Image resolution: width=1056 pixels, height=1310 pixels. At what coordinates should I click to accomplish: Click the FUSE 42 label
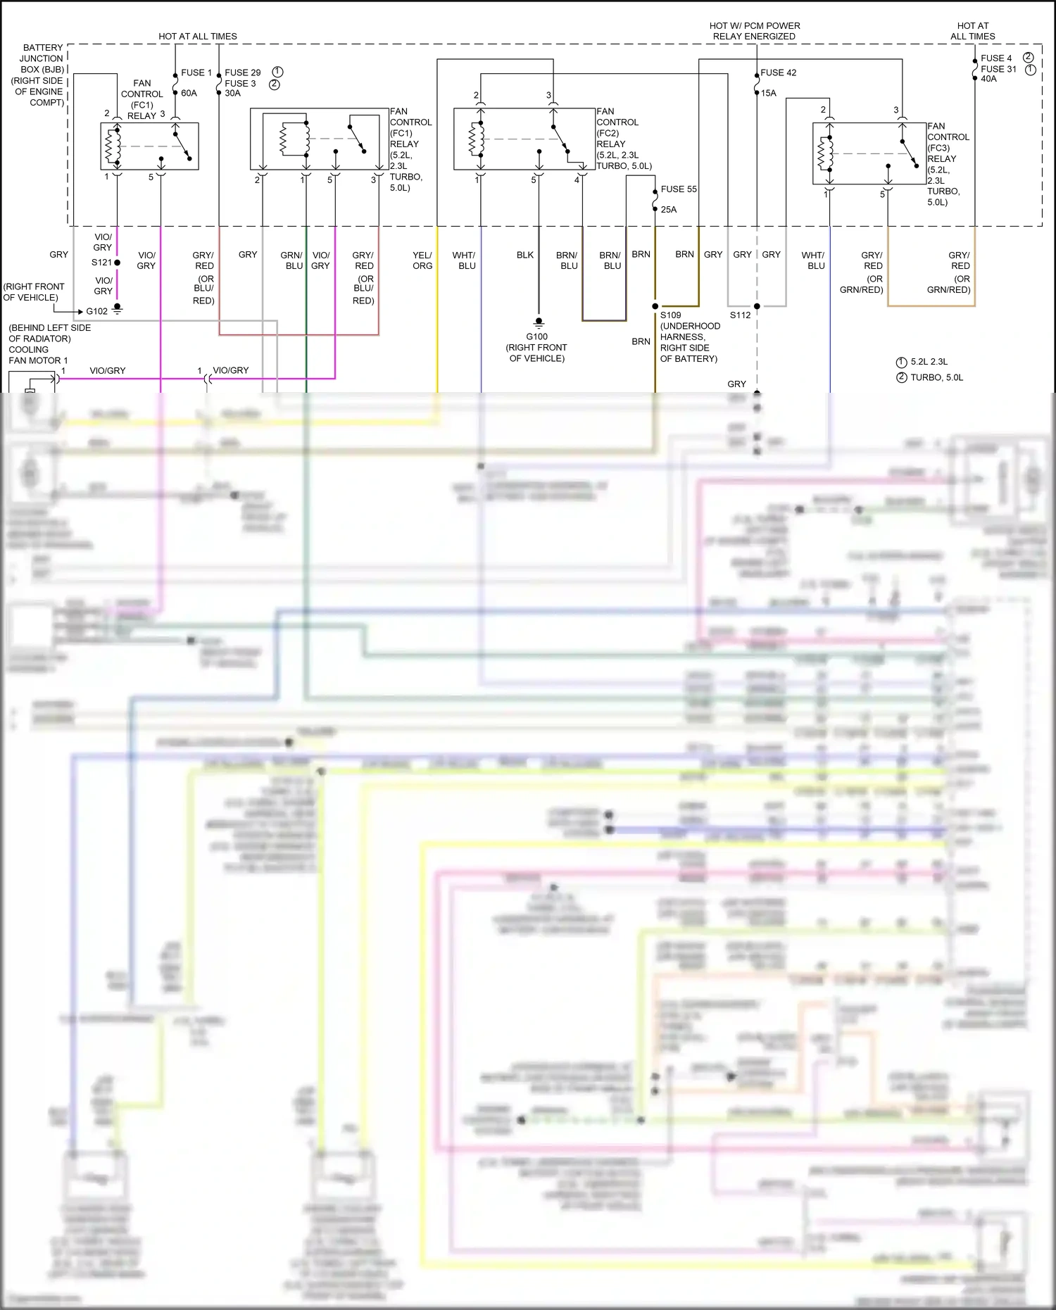tap(778, 73)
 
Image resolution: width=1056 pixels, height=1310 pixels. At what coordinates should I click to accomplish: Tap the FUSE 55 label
tap(678, 189)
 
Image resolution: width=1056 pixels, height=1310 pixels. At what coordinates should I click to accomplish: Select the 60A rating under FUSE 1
tap(189, 93)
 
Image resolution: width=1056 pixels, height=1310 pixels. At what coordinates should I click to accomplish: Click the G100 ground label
tap(536, 336)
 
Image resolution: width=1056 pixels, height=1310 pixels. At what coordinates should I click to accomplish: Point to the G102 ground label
tap(97, 311)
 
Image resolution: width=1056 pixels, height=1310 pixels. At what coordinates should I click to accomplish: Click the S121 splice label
tap(101, 263)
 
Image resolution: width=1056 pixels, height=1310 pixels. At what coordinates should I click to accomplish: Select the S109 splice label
tap(670, 315)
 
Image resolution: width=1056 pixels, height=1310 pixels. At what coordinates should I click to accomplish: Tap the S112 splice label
tap(740, 315)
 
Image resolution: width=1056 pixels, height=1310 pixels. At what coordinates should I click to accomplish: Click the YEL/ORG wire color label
tap(422, 260)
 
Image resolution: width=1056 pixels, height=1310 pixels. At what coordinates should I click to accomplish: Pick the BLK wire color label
tap(525, 255)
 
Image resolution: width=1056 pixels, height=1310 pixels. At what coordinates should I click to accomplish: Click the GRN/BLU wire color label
tap(291, 260)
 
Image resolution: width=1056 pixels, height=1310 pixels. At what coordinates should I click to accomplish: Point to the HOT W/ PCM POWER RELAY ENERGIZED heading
tap(754, 31)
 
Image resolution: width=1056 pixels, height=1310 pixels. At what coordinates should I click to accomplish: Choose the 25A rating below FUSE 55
tap(668, 210)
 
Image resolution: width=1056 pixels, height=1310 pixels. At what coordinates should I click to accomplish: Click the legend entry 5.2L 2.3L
tap(929, 362)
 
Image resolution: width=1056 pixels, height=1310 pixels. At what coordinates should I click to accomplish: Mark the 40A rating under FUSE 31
tap(988, 79)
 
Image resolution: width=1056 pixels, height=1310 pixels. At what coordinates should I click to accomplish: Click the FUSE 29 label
tap(242, 73)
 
